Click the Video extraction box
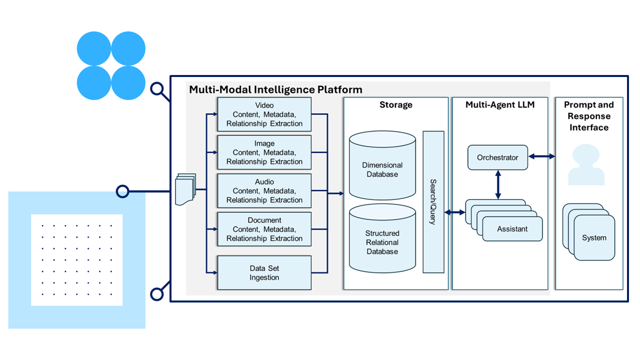(264, 114)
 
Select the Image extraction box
(264, 152)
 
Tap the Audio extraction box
(264, 191)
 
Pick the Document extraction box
(264, 229)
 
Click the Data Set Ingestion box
(264, 273)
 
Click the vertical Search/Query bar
(433, 202)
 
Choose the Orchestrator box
(497, 157)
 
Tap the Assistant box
(512, 229)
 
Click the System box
(594, 238)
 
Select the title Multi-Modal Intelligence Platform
(275, 90)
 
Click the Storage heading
(395, 105)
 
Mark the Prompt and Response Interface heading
(589, 116)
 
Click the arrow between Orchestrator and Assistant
(498, 185)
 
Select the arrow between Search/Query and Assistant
(454, 212)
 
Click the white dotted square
(76, 260)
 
